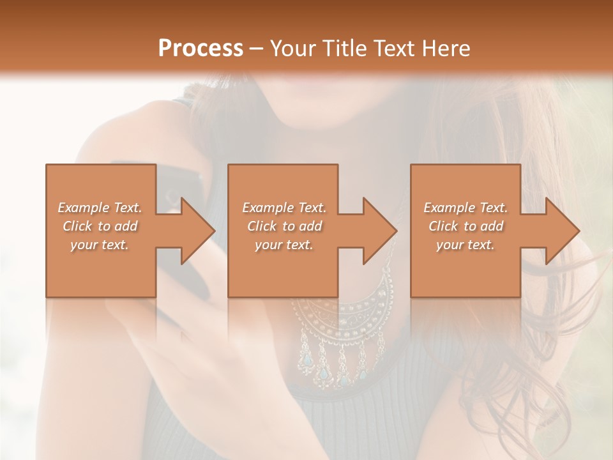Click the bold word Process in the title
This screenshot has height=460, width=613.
(x=201, y=49)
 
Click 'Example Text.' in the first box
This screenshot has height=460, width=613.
(x=100, y=208)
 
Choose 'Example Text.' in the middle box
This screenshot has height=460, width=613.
(x=284, y=208)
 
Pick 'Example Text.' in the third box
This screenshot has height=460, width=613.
(x=465, y=208)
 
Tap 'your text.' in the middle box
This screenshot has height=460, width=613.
(x=284, y=245)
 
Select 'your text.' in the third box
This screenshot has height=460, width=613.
(x=465, y=245)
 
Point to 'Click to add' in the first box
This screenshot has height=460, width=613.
(x=100, y=226)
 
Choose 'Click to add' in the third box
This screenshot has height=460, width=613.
(x=466, y=226)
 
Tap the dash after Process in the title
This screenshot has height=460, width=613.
(x=257, y=49)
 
